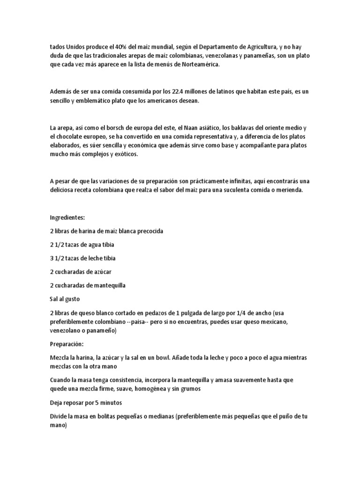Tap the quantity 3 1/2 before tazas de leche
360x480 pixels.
pyautogui.click(x=56, y=258)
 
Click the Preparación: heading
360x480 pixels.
pyautogui.click(x=67, y=344)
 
